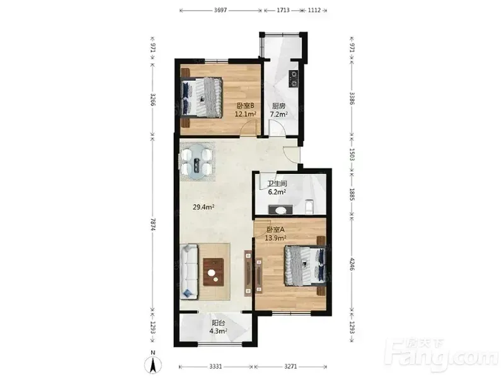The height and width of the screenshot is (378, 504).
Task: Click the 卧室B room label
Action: pyautogui.click(x=246, y=105)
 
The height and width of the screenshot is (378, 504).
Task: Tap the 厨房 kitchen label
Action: pyautogui.click(x=278, y=106)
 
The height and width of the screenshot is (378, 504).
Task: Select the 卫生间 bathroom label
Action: pyautogui.click(x=277, y=184)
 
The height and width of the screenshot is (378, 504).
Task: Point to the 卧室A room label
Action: pyautogui.click(x=275, y=230)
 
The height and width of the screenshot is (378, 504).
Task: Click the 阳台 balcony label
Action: pyautogui.click(x=218, y=323)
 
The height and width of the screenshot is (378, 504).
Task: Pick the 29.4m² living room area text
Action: pyautogui.click(x=203, y=207)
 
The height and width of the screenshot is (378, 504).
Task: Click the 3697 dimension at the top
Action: pyautogui.click(x=220, y=10)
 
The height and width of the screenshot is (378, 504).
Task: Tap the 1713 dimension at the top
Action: pyautogui.click(x=283, y=10)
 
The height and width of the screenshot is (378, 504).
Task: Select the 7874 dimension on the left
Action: pyautogui.click(x=153, y=224)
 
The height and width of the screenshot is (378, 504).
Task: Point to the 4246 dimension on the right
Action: pyautogui.click(x=352, y=263)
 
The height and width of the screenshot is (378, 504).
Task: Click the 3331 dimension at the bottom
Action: pyautogui.click(x=215, y=367)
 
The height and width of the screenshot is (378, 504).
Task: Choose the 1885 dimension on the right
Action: pyautogui.click(x=352, y=195)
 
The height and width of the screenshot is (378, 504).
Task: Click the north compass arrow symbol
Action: pyautogui.click(x=153, y=365)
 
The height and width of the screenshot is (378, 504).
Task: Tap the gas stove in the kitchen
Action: pyautogui.click(x=293, y=78)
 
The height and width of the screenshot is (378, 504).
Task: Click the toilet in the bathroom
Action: pyautogui.click(x=309, y=207)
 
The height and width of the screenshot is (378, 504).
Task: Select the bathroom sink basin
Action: pyautogui.click(x=281, y=210)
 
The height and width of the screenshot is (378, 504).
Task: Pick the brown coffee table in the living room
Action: pyautogui.click(x=214, y=272)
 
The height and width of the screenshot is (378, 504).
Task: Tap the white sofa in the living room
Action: pyautogui.click(x=188, y=272)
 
